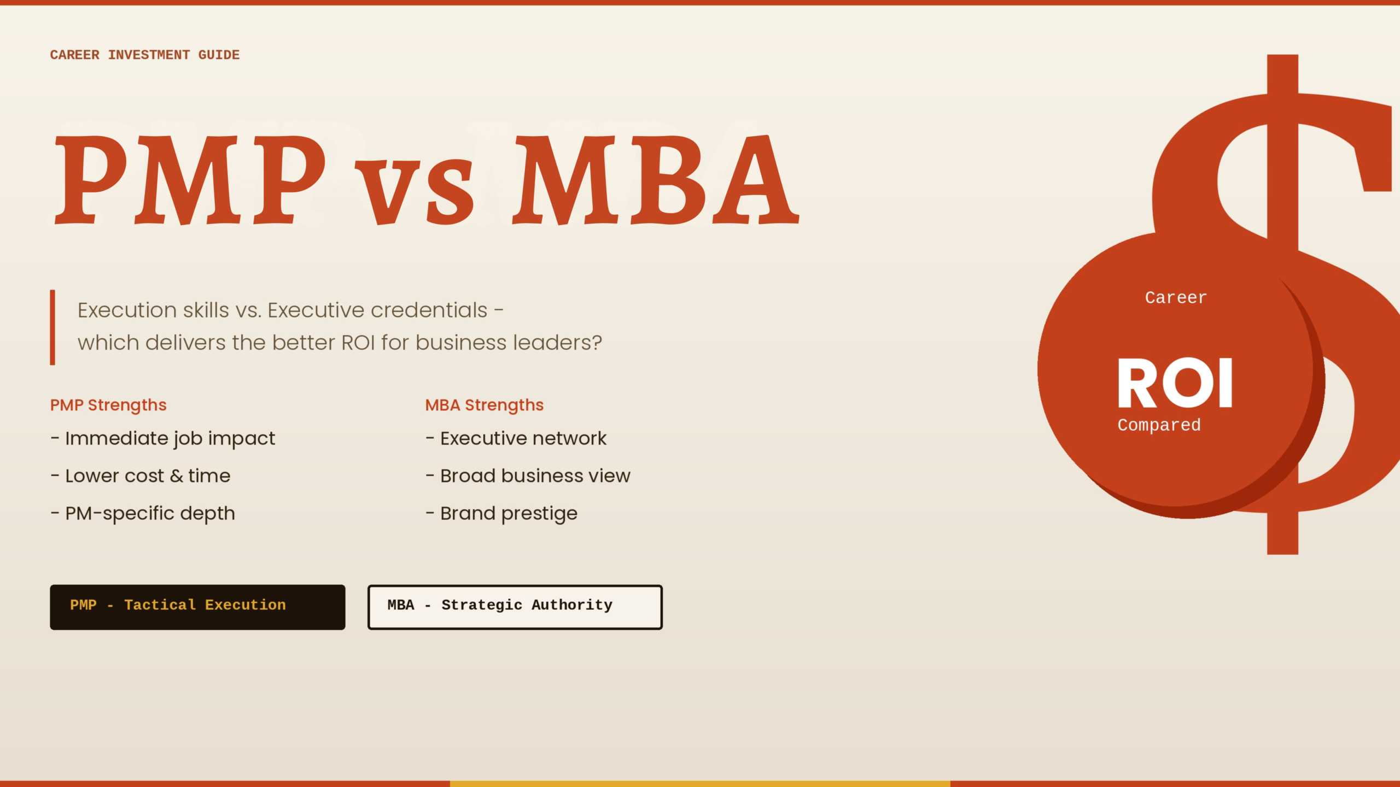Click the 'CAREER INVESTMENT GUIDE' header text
click(x=145, y=55)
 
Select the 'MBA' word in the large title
click(x=656, y=180)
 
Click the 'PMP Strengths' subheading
click(x=108, y=405)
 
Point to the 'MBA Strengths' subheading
click(x=485, y=405)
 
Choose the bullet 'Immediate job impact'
click(x=163, y=439)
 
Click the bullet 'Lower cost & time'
click(x=141, y=476)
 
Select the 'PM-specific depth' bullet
click(x=143, y=514)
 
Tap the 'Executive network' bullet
click(x=516, y=438)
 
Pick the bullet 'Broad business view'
click(x=528, y=476)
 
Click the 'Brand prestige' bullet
click(x=501, y=514)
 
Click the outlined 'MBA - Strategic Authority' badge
click(x=515, y=607)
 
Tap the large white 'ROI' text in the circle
click(x=1175, y=383)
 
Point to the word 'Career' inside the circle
click(x=1176, y=298)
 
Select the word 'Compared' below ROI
click(x=1159, y=425)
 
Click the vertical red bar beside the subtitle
click(x=52, y=327)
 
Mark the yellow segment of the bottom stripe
click(x=700, y=784)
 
